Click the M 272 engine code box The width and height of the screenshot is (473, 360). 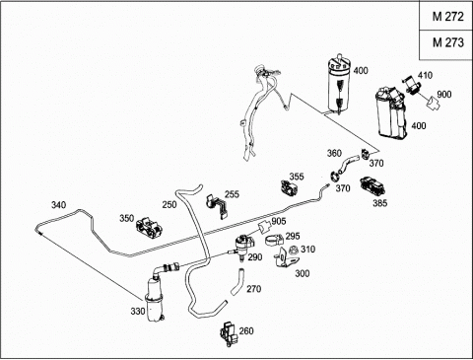(x=446, y=16)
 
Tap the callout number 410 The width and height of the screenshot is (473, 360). (x=425, y=75)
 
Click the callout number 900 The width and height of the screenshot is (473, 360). (x=444, y=95)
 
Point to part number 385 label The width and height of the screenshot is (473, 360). (x=379, y=203)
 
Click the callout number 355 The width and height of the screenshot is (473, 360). (x=297, y=177)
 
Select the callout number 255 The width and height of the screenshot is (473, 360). (x=232, y=194)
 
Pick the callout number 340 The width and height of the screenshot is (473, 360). (x=58, y=205)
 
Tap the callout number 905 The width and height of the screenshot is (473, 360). (x=279, y=221)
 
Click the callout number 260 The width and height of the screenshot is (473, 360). (x=246, y=330)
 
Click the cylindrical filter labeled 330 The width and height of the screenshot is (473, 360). (x=154, y=300)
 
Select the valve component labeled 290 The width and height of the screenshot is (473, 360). (x=243, y=246)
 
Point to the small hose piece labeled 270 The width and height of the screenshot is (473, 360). (x=237, y=282)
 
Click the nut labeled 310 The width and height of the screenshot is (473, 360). (x=294, y=251)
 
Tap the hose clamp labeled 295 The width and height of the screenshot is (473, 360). (x=274, y=240)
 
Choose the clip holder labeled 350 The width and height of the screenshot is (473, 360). (x=150, y=228)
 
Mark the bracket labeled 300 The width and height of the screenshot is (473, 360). (x=285, y=258)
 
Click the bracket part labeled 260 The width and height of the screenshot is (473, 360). (x=229, y=333)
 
